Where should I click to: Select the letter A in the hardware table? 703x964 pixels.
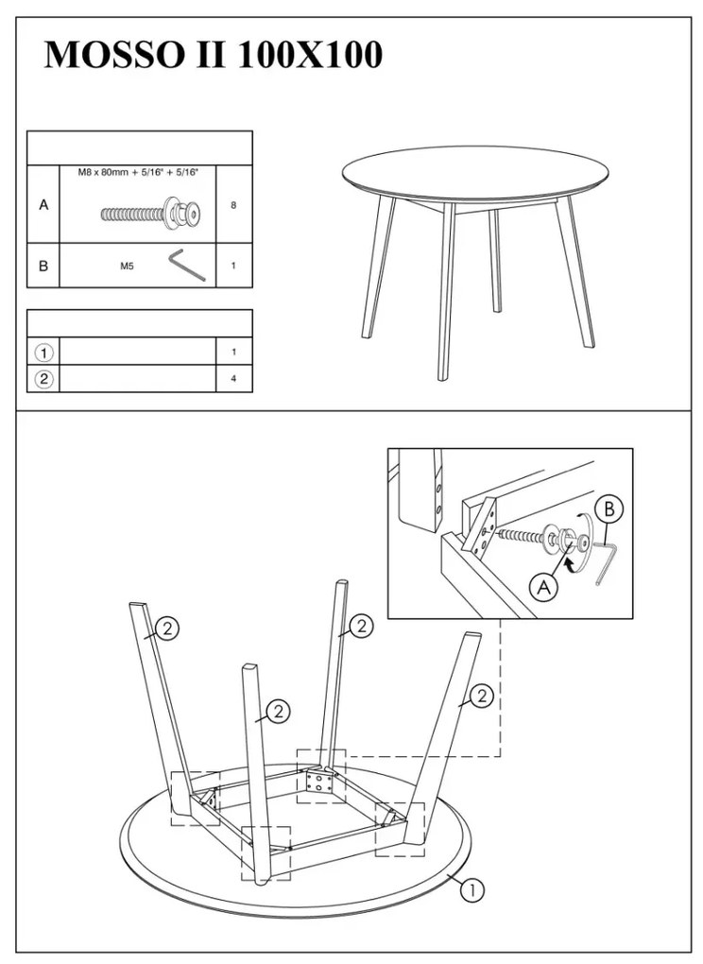[43, 205]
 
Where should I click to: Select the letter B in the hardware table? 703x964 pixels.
[43, 267]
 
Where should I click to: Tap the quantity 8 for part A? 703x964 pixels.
[233, 205]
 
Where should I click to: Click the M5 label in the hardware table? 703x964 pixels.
[127, 267]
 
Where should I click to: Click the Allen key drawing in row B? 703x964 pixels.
[187, 265]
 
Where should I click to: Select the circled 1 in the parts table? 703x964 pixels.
[44, 353]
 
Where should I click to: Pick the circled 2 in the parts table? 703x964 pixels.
[44, 379]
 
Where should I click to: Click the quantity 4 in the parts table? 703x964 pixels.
[233, 379]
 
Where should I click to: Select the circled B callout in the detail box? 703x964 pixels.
[609, 509]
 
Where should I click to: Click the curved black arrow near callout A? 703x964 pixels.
[571, 564]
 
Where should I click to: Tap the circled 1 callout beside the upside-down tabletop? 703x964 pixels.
[472, 889]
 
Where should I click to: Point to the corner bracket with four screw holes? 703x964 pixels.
[319, 782]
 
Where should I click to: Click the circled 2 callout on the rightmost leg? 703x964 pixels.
[481, 696]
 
